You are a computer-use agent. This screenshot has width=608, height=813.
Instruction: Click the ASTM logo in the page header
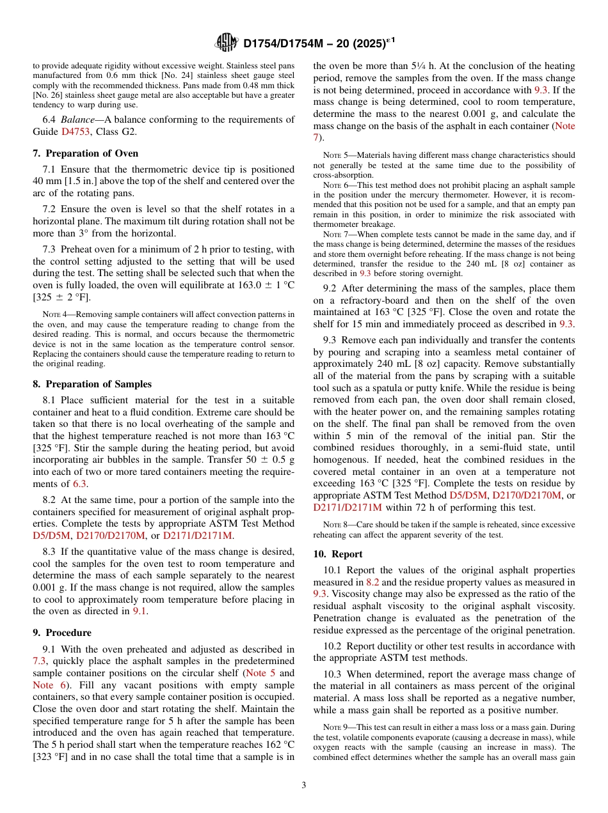(x=227, y=43)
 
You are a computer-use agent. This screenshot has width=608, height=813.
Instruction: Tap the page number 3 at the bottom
(x=304, y=785)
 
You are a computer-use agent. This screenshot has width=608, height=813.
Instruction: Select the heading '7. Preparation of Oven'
(x=85, y=153)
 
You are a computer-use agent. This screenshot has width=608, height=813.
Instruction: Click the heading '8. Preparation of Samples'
(x=92, y=384)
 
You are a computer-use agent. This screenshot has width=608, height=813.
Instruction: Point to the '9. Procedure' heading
(x=62, y=633)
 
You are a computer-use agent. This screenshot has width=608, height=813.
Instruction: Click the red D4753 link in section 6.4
(x=74, y=132)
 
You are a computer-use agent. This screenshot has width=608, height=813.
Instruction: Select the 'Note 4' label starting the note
(x=52, y=314)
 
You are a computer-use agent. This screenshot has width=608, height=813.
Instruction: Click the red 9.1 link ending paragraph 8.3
(x=140, y=612)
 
